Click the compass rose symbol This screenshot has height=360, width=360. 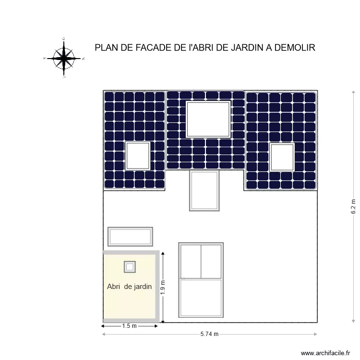point(64,58)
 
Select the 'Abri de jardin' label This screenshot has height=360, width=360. point(129,287)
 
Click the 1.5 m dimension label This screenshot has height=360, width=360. point(129,326)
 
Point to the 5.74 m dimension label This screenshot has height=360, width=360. point(209,334)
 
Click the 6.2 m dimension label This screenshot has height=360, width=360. point(353,206)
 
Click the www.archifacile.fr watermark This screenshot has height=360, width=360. point(326,353)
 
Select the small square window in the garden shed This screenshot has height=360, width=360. point(130,266)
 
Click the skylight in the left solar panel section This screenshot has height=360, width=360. point(138,156)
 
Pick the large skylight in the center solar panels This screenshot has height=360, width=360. point(208,119)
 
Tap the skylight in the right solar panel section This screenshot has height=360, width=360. point(282,157)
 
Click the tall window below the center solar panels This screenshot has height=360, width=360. point(205,190)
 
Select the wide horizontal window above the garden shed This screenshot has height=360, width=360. point(130,237)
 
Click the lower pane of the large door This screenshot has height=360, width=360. point(201,298)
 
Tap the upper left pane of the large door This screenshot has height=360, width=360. point(190,261)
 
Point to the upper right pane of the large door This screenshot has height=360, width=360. point(211,261)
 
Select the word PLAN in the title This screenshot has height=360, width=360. point(106,48)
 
